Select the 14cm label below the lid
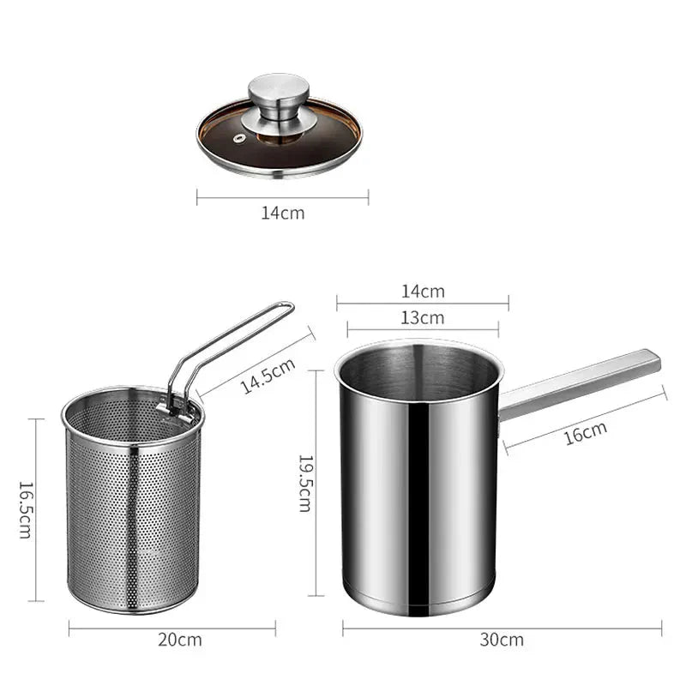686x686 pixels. pyautogui.click(x=282, y=213)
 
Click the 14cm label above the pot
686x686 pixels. pyautogui.click(x=423, y=291)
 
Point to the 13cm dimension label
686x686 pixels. pyautogui.click(x=423, y=317)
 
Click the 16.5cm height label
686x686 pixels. pyautogui.click(x=26, y=509)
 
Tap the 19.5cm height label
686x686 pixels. pyautogui.click(x=304, y=482)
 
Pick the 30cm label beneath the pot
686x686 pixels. pyautogui.click(x=502, y=640)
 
